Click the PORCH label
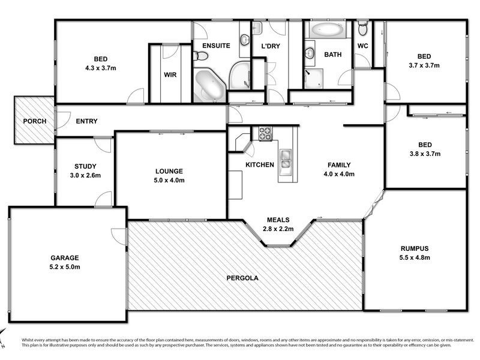[x=35, y=121]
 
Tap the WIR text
[x=170, y=74]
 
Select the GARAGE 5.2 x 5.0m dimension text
[x=65, y=267]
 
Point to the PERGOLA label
[x=242, y=278]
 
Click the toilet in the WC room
[x=363, y=28]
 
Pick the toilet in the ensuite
[x=200, y=56]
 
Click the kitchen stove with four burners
[x=266, y=133]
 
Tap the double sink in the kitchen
[x=286, y=159]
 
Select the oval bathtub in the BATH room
[x=328, y=29]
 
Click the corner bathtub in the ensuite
[x=209, y=85]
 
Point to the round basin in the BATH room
[x=310, y=53]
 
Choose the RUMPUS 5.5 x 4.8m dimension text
[x=415, y=257]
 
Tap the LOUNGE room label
[x=169, y=171]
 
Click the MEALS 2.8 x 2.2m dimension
[x=278, y=229]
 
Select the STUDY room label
[x=85, y=167]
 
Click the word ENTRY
[x=86, y=121]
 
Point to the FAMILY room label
[x=339, y=165]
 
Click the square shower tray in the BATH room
[x=313, y=79]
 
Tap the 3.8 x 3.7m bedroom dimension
[x=425, y=154]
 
